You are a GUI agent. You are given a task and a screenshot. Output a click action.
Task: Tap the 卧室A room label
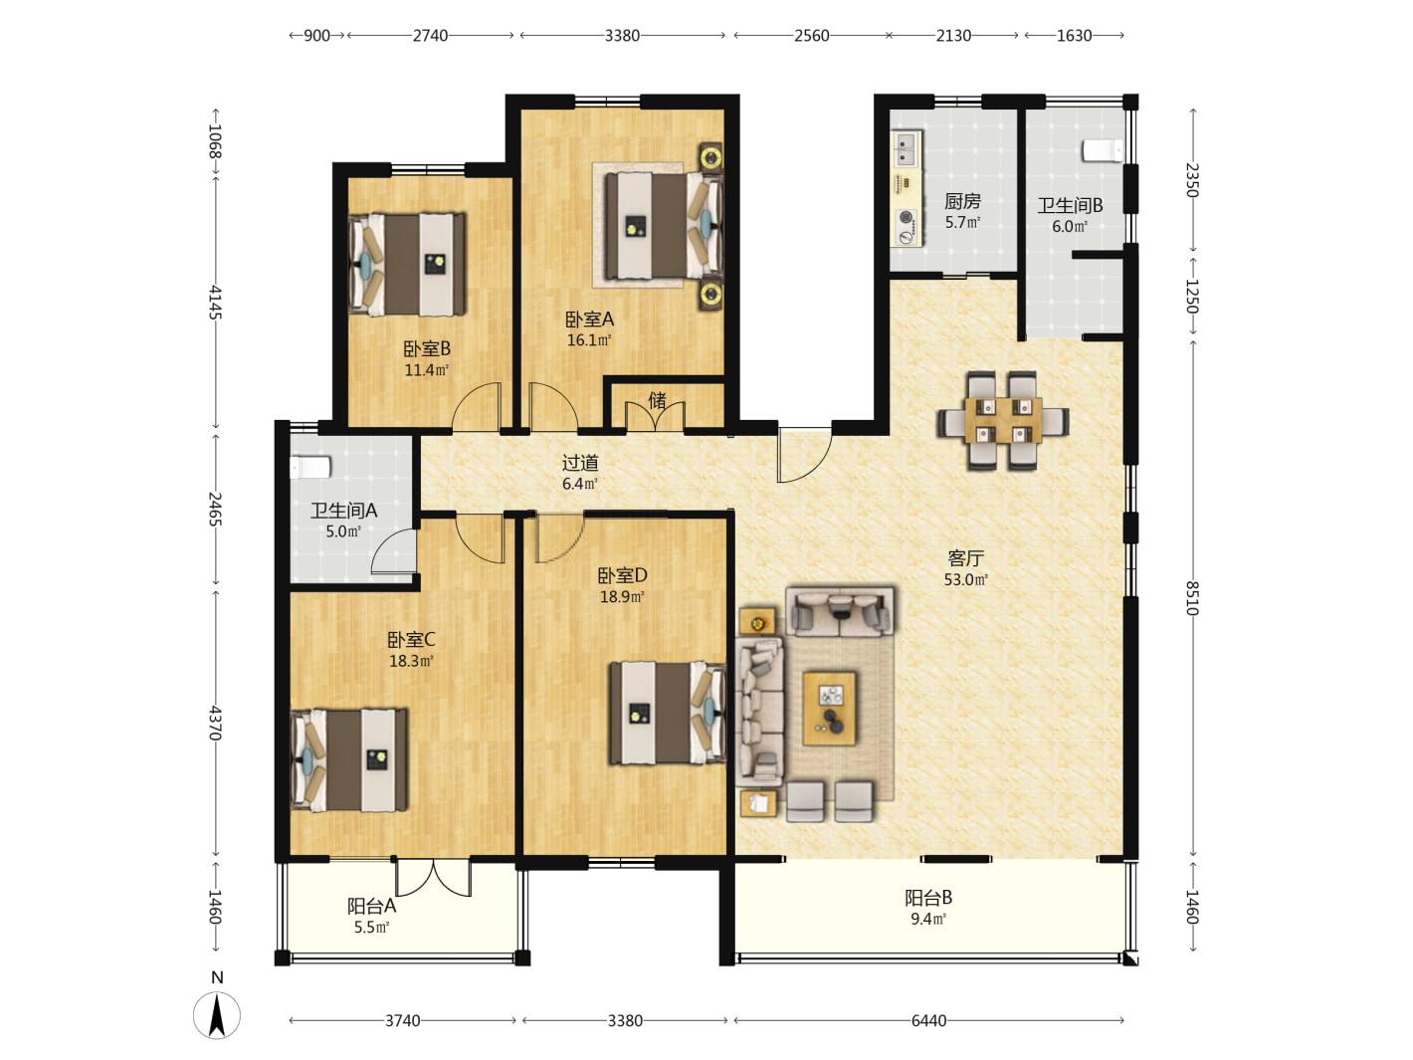coord(589,319)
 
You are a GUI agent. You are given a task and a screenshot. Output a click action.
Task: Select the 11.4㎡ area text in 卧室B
coord(426,370)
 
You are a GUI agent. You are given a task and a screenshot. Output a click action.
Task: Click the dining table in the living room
coord(1003,420)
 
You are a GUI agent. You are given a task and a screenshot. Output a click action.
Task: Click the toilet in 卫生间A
coord(310,467)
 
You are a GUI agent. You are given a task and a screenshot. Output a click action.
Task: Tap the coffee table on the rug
coord(829,708)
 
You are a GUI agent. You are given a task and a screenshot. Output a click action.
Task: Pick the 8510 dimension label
coord(1192,598)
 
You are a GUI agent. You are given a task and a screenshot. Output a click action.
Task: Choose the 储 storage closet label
coord(658,401)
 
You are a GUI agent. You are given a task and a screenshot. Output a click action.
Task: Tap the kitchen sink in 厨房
coord(906,148)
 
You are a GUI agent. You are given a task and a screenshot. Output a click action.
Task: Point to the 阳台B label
coord(928,897)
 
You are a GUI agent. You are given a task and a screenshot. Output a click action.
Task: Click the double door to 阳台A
coord(433,877)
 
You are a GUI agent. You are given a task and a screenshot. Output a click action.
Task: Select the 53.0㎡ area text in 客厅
coord(965,579)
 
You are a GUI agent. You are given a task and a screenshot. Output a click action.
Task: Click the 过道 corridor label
coord(580,462)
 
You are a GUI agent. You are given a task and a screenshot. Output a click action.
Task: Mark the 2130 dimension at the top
coord(953,36)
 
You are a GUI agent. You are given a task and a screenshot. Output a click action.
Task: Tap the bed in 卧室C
coord(349,759)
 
